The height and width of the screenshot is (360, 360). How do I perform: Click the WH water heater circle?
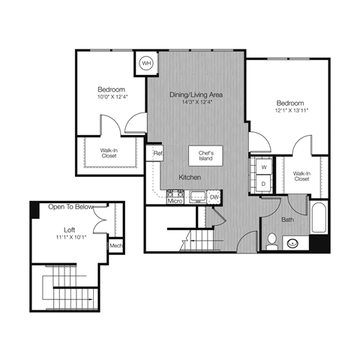pos(146,63)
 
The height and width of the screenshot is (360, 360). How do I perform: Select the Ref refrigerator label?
pos(157,154)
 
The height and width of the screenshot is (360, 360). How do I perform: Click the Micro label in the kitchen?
pos(175,200)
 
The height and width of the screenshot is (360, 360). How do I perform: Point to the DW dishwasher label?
pos(214,197)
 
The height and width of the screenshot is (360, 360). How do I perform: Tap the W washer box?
pos(264,166)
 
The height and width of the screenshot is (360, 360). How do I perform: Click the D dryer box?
pos(264,182)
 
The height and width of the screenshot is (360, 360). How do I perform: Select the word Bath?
pos(288,220)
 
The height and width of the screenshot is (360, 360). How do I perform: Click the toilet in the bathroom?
pos(273,241)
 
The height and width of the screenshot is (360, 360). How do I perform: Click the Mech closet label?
pos(115,245)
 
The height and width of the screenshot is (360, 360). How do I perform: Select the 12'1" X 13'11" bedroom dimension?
pos(289,110)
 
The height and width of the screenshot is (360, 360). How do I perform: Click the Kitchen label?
pos(188,177)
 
